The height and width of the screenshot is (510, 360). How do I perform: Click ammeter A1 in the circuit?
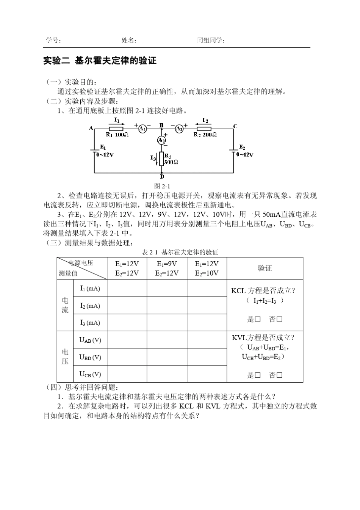(x=142, y=129)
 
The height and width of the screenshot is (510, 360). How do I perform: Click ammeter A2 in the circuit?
(x=179, y=129)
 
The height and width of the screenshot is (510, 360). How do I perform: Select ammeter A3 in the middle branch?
(x=161, y=140)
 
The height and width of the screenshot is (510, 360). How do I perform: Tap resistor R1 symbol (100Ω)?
(x=116, y=129)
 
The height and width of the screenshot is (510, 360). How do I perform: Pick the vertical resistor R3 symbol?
(x=161, y=159)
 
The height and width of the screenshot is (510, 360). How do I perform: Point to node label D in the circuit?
(x=162, y=177)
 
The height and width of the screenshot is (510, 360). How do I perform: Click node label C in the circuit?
(x=235, y=126)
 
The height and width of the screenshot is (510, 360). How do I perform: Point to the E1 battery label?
(x=103, y=147)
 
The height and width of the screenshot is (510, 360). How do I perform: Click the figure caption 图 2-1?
(x=162, y=186)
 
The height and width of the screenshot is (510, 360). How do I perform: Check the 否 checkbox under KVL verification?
(x=280, y=375)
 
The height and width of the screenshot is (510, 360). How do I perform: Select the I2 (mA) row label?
(x=90, y=306)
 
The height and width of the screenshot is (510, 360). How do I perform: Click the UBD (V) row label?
(x=90, y=357)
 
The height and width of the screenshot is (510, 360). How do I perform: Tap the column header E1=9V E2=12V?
(x=167, y=268)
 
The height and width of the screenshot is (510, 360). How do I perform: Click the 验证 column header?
(x=265, y=268)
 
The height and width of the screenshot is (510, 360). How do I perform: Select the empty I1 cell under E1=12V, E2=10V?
(x=207, y=289)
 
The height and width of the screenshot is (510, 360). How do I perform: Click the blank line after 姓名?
(x=164, y=41)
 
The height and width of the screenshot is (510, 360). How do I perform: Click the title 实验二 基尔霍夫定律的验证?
(x=100, y=61)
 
